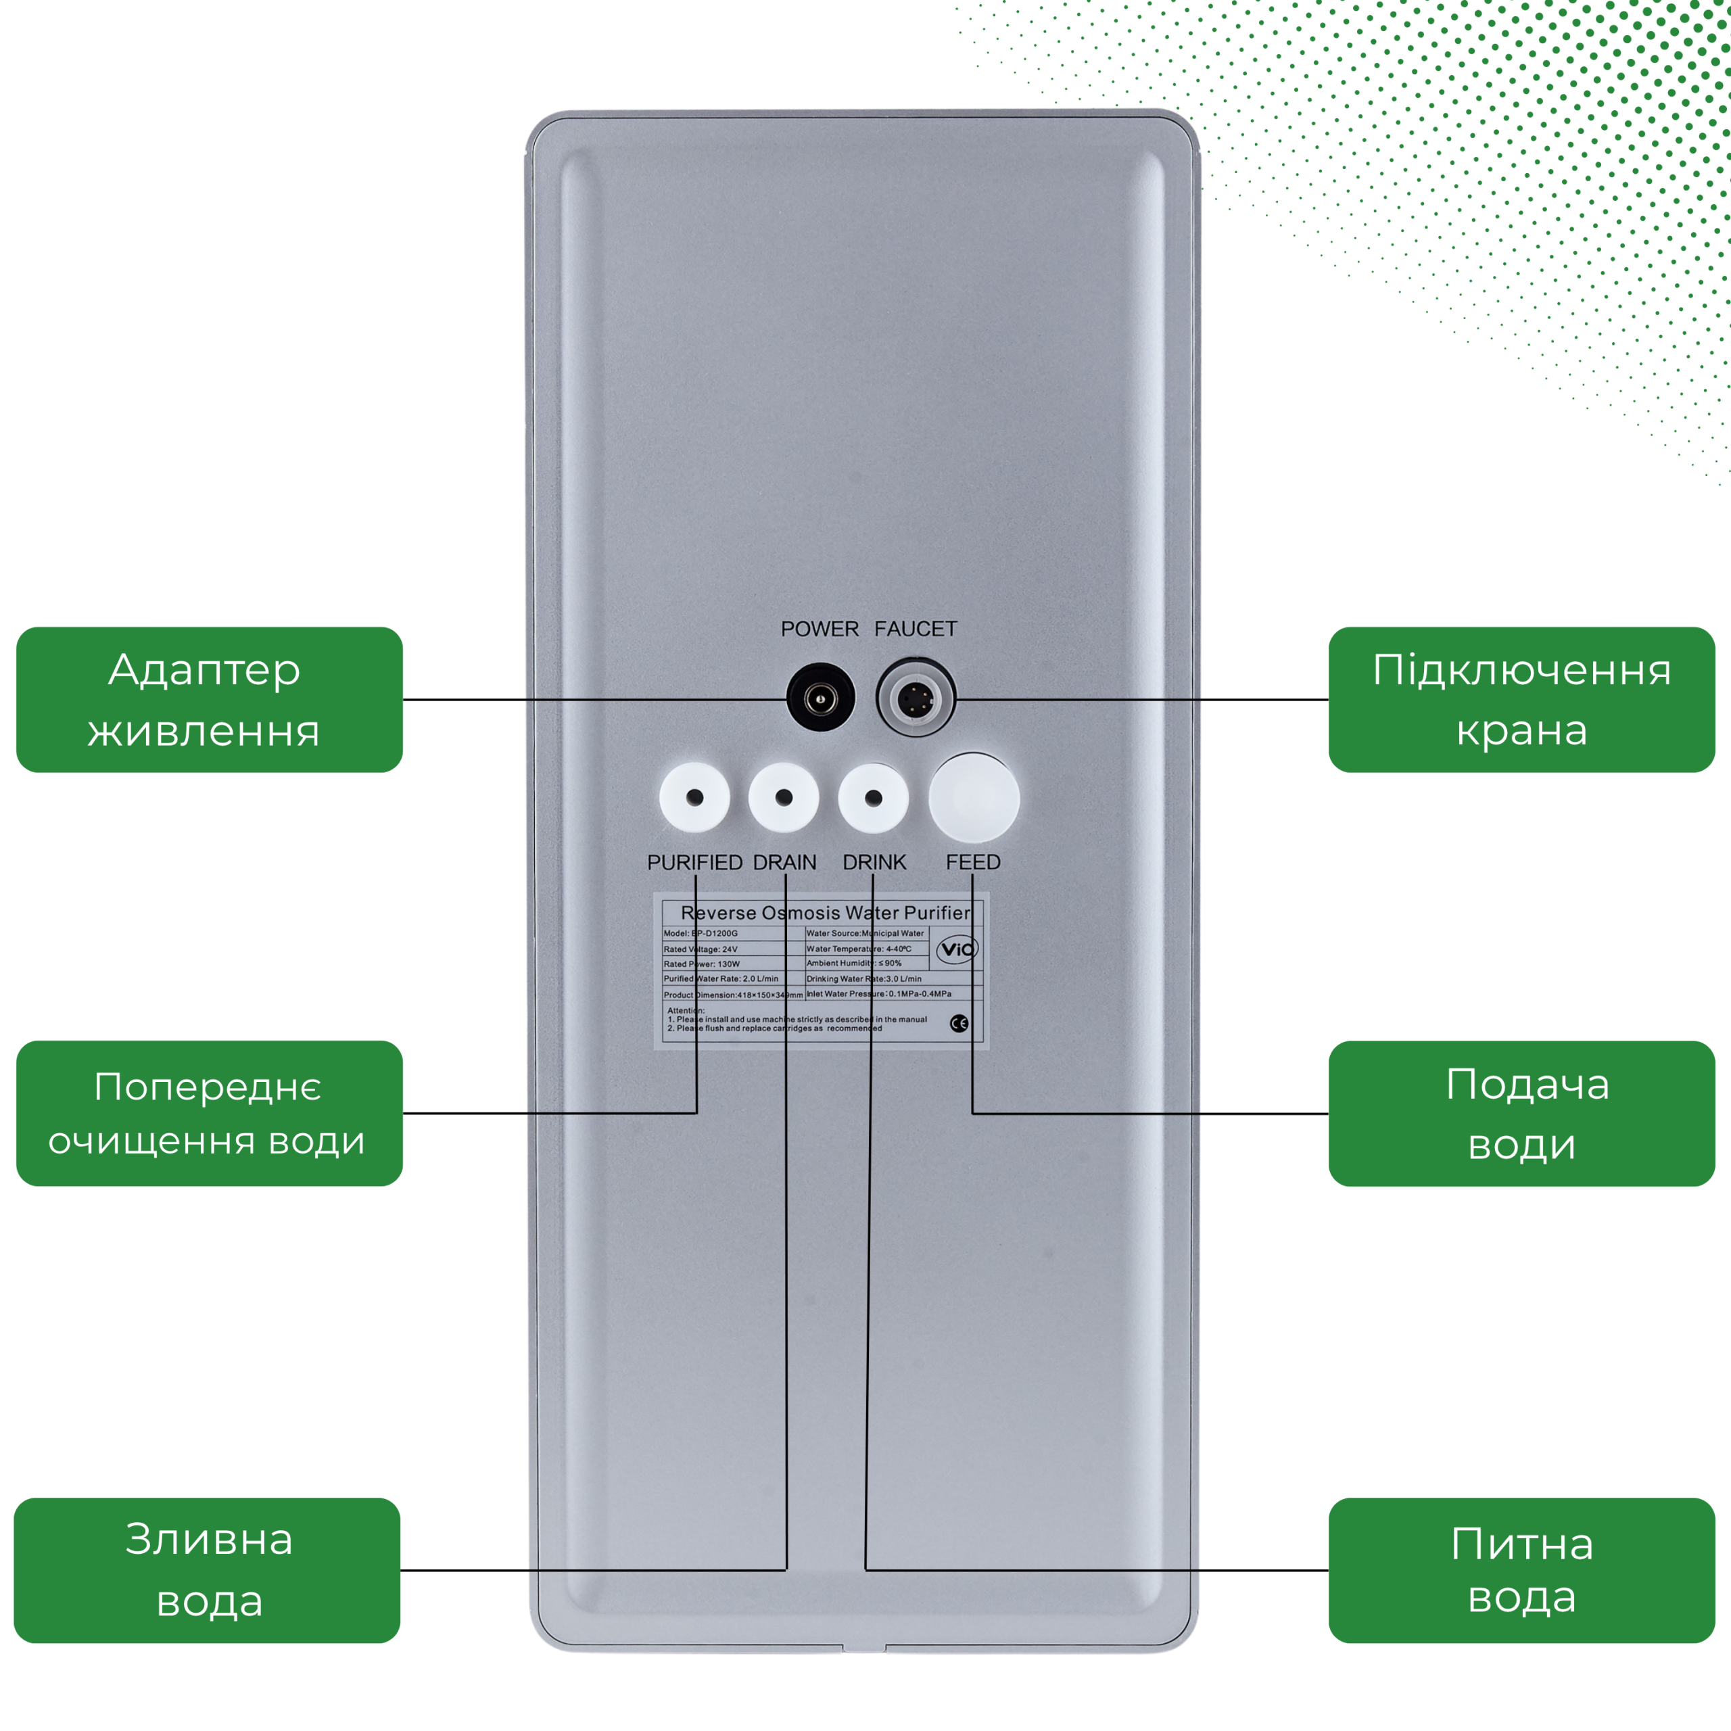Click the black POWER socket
[820, 698]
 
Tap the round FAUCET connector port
[915, 698]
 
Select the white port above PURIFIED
[694, 797]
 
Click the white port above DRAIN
[784, 797]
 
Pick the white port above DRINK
[874, 797]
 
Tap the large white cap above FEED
[974, 797]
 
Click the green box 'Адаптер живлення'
[210, 700]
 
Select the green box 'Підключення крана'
[1521, 700]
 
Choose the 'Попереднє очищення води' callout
[210, 1114]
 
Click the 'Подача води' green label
[1521, 1114]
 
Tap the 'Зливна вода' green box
[208, 1571]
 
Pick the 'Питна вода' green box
[1521, 1571]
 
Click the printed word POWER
[819, 629]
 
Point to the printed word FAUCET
[916, 629]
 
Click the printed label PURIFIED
[694, 862]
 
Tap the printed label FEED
[973, 862]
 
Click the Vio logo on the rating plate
[957, 949]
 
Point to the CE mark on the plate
[959, 1023]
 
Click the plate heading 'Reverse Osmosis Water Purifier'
[825, 913]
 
